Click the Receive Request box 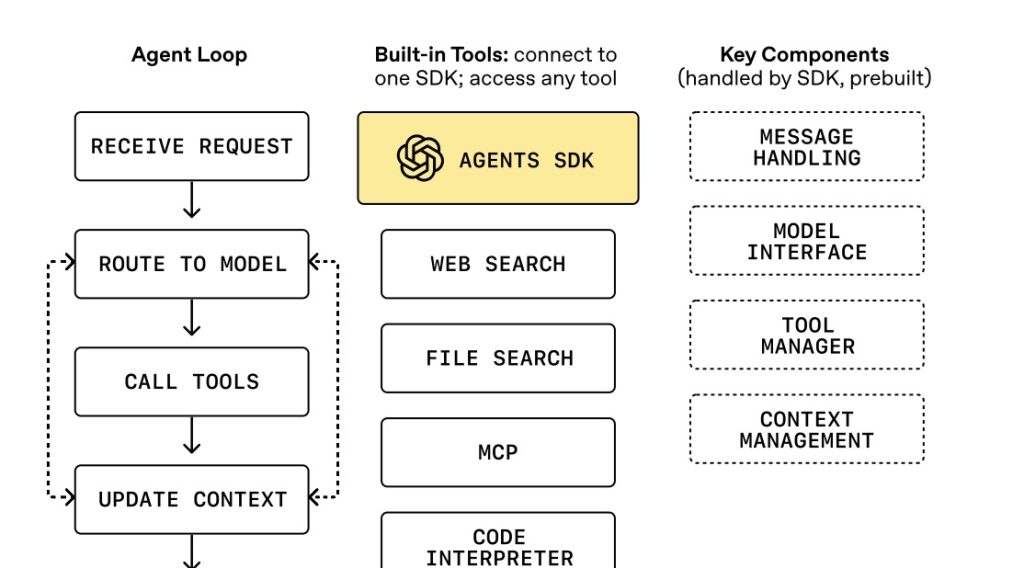click(192, 147)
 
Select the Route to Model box click(192, 264)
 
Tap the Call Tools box click(192, 382)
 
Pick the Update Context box click(192, 499)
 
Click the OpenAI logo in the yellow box click(420, 159)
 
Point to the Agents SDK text click(526, 160)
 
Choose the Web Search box click(498, 264)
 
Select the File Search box click(498, 358)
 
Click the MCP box click(498, 452)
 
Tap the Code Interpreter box click(498, 546)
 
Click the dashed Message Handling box click(806, 147)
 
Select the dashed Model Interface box click(806, 241)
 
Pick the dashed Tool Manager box click(806, 335)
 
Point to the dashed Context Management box click(806, 429)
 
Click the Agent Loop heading click(189, 54)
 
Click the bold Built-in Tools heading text click(441, 54)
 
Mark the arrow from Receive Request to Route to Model click(192, 204)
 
